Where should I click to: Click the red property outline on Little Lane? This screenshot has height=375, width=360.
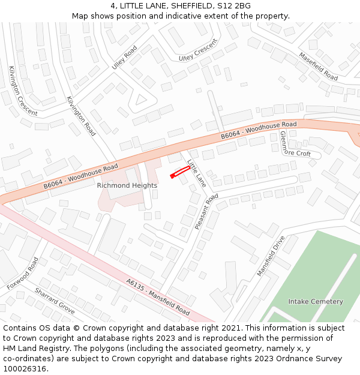(x=180, y=172)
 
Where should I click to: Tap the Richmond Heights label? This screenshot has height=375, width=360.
(x=127, y=185)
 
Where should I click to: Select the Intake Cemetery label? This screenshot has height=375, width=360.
(x=316, y=301)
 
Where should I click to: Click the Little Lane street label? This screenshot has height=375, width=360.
(x=197, y=172)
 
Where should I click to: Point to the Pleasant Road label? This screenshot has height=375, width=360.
(x=206, y=212)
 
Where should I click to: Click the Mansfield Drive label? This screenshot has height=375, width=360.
(x=271, y=256)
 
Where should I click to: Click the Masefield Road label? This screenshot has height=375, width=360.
(x=319, y=67)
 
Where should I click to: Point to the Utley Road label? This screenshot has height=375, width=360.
(x=124, y=58)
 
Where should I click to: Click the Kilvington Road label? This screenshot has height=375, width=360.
(x=81, y=116)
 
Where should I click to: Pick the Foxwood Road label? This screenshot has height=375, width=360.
(x=23, y=274)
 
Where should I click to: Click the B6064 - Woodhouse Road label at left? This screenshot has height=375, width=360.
(x=80, y=174)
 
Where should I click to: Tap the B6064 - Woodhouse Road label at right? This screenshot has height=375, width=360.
(x=259, y=130)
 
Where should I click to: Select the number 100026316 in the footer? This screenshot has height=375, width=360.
(x=23, y=368)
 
